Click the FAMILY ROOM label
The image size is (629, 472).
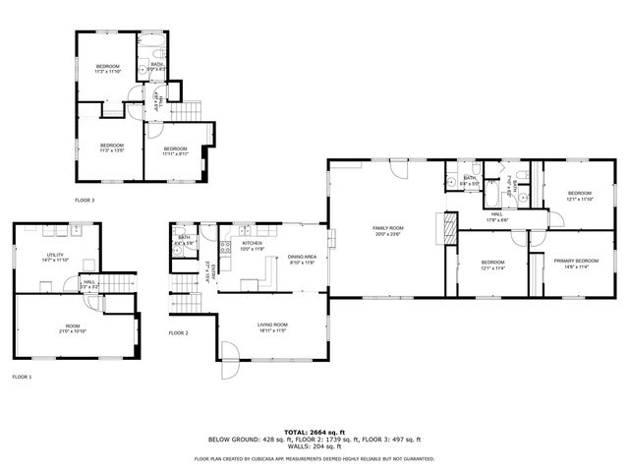point(389,228)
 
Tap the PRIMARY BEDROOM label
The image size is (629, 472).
point(576,261)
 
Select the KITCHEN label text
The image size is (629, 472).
point(253,243)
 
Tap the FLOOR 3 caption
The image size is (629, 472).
point(85,200)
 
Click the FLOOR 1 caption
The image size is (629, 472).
point(22,377)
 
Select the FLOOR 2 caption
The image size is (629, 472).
point(178,332)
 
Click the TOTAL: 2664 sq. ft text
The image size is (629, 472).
point(314,432)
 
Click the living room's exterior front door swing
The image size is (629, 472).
point(228,353)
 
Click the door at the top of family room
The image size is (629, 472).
point(398,168)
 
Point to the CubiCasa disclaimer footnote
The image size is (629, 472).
point(314,458)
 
